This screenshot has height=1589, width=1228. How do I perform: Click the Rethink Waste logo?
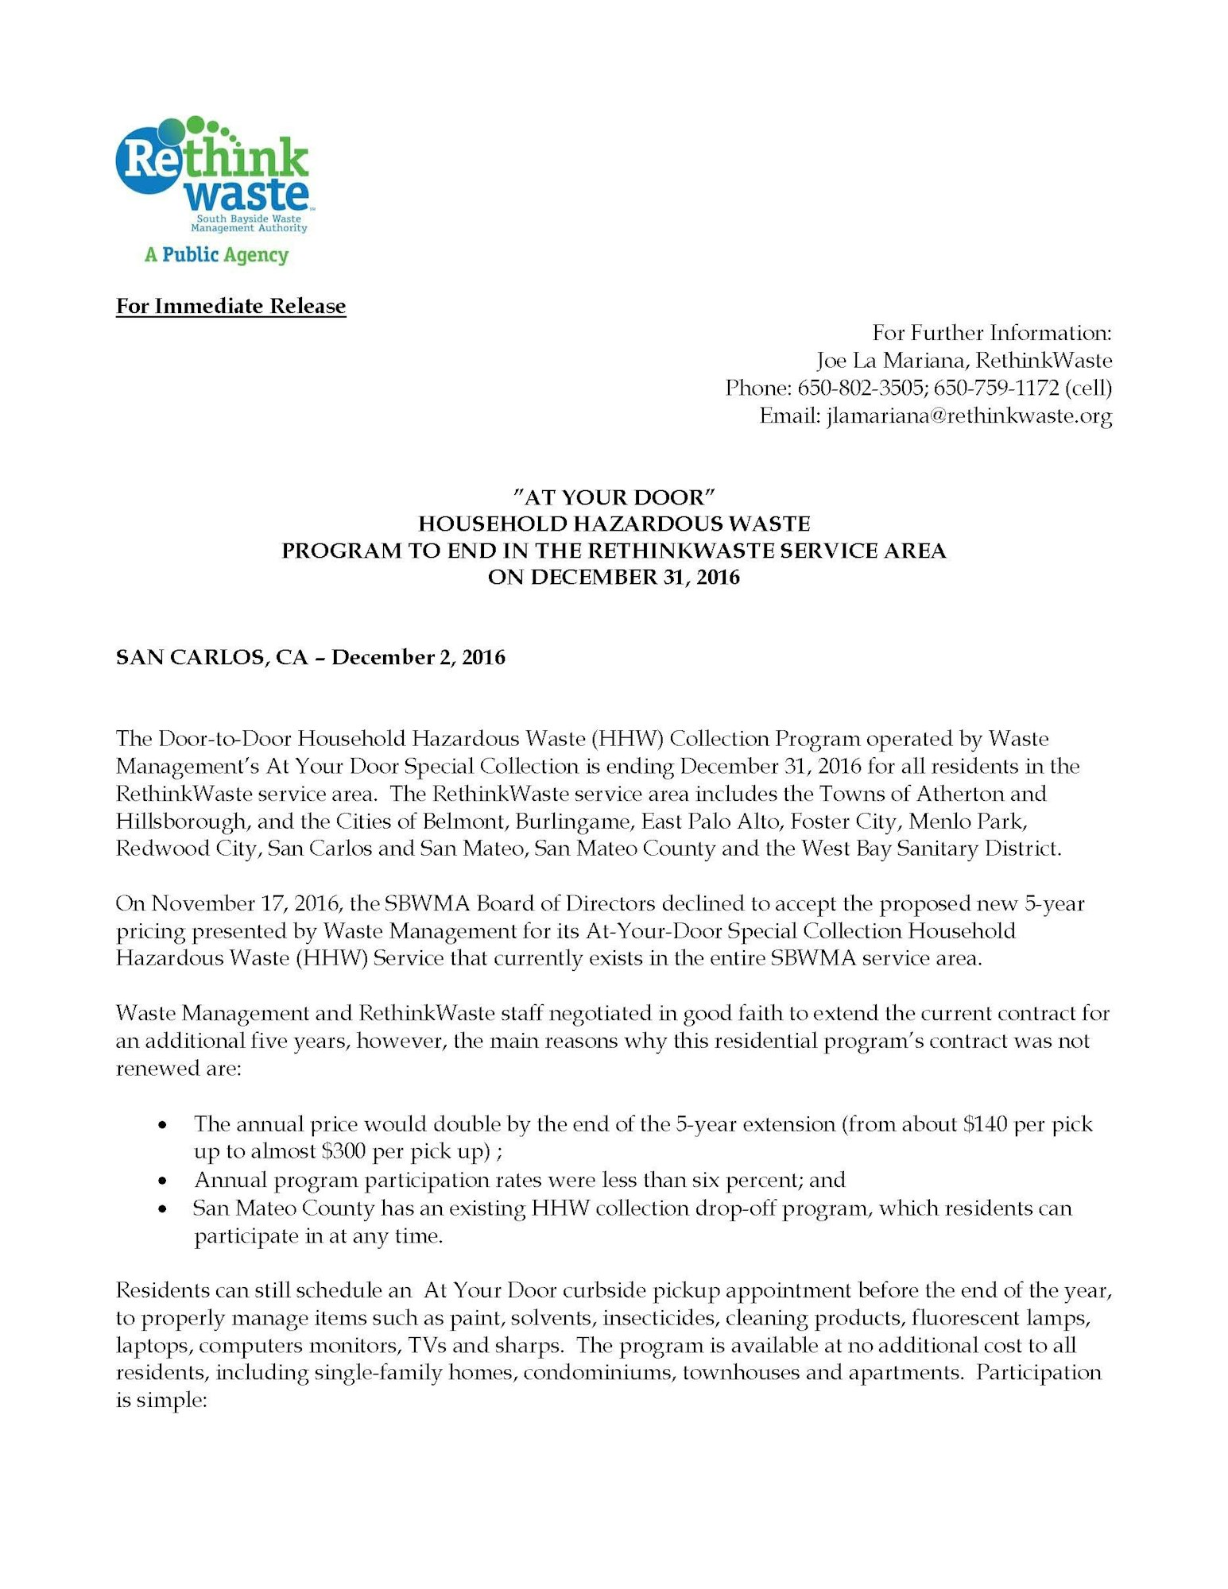point(212,175)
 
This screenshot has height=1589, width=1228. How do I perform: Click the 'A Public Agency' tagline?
point(216,255)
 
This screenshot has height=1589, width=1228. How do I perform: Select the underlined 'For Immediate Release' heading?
point(230,306)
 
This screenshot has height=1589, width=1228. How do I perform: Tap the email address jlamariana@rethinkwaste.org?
point(969,416)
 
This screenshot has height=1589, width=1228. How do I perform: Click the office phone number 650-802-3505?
point(862,388)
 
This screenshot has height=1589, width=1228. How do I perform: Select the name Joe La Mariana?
point(890,361)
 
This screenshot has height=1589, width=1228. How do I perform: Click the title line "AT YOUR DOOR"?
point(614,497)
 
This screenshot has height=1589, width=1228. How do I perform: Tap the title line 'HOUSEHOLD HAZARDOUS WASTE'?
point(614,524)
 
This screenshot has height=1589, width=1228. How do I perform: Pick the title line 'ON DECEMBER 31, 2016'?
point(614,577)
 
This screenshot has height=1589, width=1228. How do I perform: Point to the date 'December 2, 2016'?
point(418,657)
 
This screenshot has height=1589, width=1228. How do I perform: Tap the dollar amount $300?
point(343,1151)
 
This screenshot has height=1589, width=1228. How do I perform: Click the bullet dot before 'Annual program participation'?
point(163,1181)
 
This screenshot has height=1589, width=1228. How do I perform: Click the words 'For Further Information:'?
point(992,333)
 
